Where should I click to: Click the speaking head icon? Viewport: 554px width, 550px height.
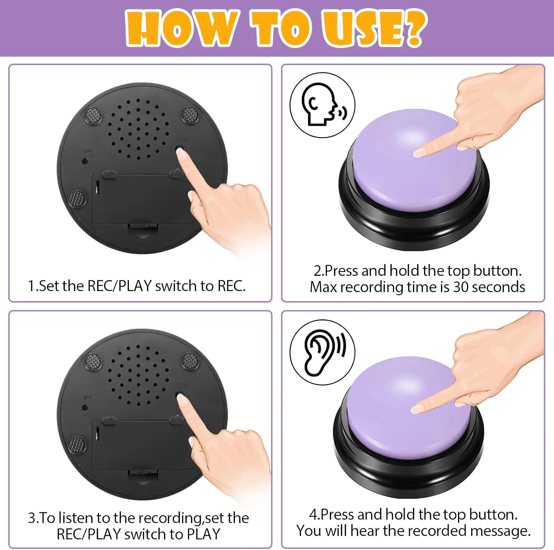pyautogui.click(x=322, y=105)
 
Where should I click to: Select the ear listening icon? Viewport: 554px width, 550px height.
pyautogui.click(x=322, y=352)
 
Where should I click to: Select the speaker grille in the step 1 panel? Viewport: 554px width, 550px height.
pyautogui.click(x=138, y=129)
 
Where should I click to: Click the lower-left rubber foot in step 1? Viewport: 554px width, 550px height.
pyautogui.click(x=77, y=199)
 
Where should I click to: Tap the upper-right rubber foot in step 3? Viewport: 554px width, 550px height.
pyautogui.click(x=190, y=361)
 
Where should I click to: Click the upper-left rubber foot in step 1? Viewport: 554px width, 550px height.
pyautogui.click(x=93, y=115)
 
